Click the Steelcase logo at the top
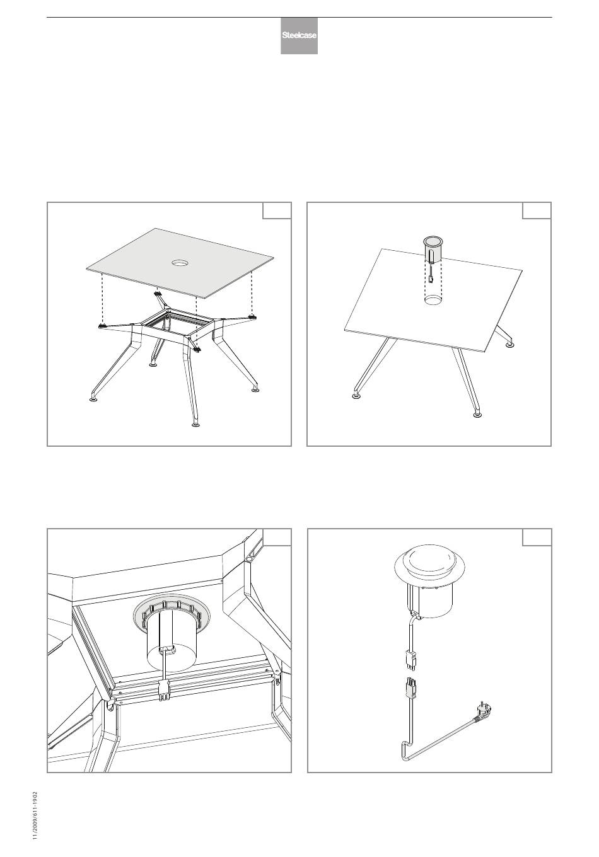tap(299, 36)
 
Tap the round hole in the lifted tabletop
tap(180, 263)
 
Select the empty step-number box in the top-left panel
tap(277, 210)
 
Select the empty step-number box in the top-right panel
tap(537, 210)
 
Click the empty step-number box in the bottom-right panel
tap(537, 537)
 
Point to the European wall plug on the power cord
tap(482, 712)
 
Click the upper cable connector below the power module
tap(410, 660)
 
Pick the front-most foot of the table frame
tap(195, 424)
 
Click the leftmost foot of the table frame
tap(93, 400)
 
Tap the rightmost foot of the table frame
tap(255, 390)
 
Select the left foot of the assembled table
tap(357, 396)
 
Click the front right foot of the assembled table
tap(477, 414)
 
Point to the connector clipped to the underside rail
tap(164, 691)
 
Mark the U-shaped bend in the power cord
tap(404, 751)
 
